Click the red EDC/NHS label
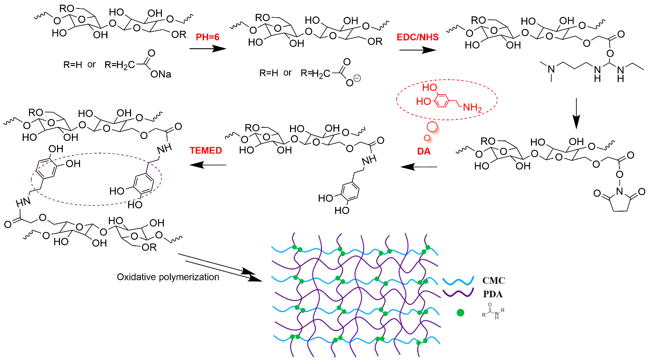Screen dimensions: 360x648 click(x=418, y=36)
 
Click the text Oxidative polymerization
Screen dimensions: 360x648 click(x=168, y=277)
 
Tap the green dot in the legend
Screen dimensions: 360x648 click(x=460, y=312)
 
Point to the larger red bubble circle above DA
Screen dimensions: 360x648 click(x=432, y=127)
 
